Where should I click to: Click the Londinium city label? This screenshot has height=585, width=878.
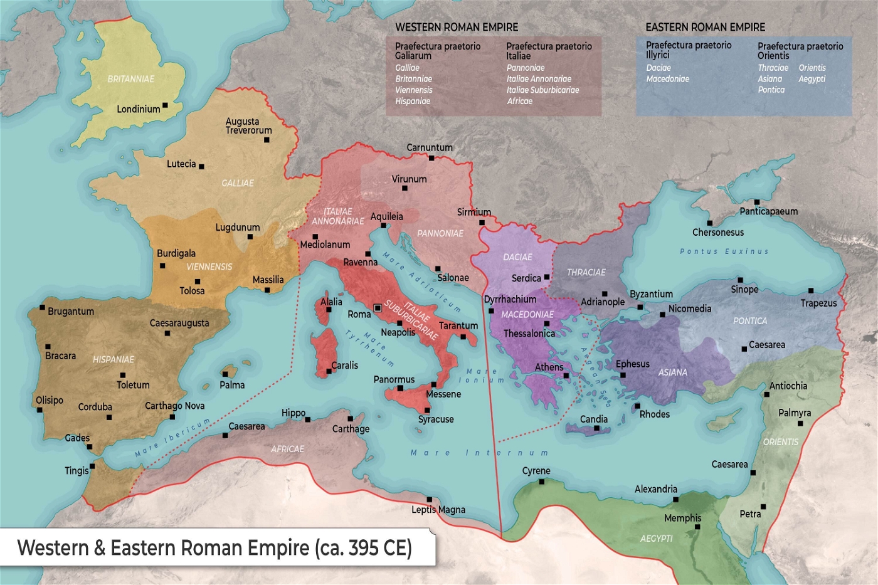pyautogui.click(x=138, y=109)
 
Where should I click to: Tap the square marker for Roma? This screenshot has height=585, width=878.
pyautogui.click(x=378, y=308)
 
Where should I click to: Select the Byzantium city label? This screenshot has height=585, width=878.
pyautogui.click(x=651, y=294)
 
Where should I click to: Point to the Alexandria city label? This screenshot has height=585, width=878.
pyautogui.click(x=655, y=489)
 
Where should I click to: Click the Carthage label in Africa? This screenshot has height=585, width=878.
pyautogui.click(x=351, y=429)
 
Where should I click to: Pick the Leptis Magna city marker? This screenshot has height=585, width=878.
pyautogui.click(x=430, y=500)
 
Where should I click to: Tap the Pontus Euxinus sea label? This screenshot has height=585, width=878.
pyautogui.click(x=724, y=251)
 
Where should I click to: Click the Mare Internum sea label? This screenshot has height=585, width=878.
pyautogui.click(x=479, y=453)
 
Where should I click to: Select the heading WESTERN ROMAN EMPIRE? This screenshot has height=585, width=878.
pyautogui.click(x=457, y=28)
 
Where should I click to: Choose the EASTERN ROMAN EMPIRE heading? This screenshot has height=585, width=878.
pyautogui.click(x=705, y=28)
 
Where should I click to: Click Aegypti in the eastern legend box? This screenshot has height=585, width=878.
pyautogui.click(x=812, y=79)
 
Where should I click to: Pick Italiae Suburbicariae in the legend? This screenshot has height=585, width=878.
pyautogui.click(x=542, y=90)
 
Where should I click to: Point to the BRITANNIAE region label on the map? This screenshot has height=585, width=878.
pyautogui.click(x=130, y=79)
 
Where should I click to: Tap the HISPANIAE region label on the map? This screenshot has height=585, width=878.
pyautogui.click(x=114, y=359)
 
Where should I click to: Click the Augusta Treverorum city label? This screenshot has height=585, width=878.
pyautogui.click(x=248, y=126)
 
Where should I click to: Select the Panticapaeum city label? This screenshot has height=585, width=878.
pyautogui.click(x=768, y=211)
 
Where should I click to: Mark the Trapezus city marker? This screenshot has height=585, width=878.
pyautogui.click(x=811, y=291)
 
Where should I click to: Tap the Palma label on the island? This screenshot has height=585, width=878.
pyautogui.click(x=232, y=385)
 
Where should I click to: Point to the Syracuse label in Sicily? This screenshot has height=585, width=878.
pyautogui.click(x=436, y=419)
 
